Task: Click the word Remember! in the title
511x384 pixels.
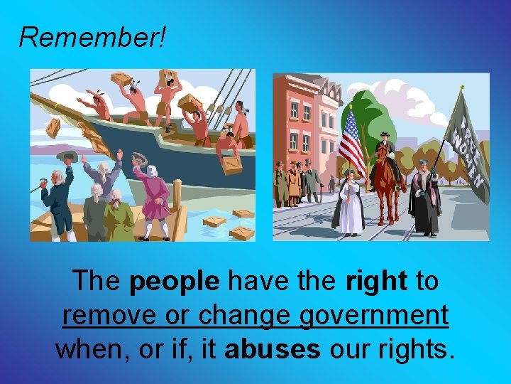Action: (92, 36)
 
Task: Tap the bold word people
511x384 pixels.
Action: (175, 281)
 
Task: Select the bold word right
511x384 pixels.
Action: (376, 281)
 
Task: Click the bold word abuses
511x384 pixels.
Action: (272, 348)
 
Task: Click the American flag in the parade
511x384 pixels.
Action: (353, 142)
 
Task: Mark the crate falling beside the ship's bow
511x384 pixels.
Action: (53, 128)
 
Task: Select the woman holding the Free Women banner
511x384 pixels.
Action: (427, 199)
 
